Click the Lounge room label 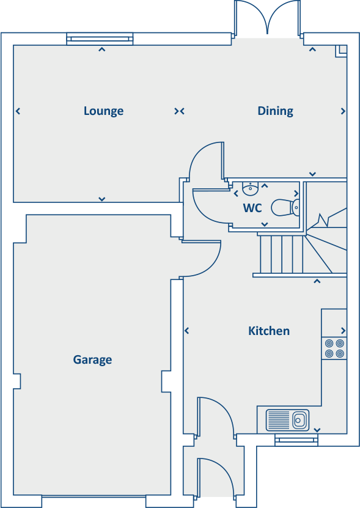[x=103, y=111]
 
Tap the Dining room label [x=275, y=111]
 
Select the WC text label [x=252, y=208]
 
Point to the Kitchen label [x=268, y=331]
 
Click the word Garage [x=92, y=359]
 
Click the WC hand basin [x=251, y=188]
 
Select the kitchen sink [x=287, y=420]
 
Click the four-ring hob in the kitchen [x=334, y=348]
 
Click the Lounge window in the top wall [x=100, y=40]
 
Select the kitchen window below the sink [x=296, y=439]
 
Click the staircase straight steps [x=281, y=254]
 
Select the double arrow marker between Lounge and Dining [x=179, y=111]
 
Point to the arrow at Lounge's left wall [x=18, y=111]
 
